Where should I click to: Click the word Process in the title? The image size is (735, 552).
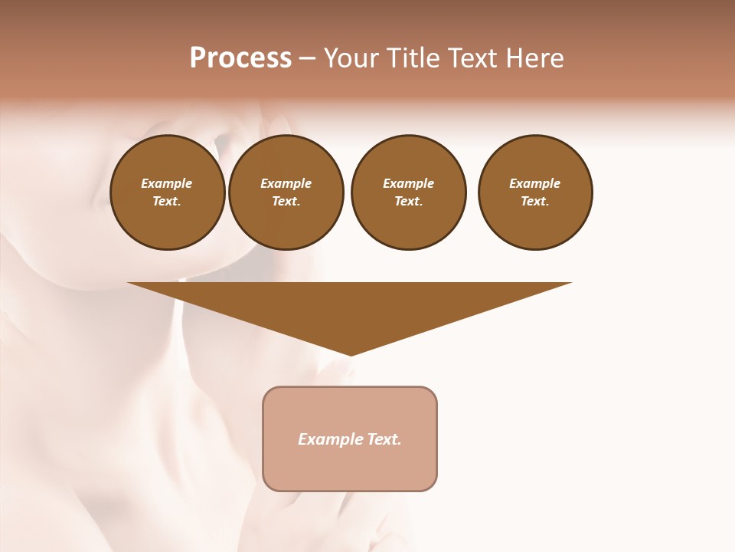(x=240, y=58)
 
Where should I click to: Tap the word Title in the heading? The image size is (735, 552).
(x=410, y=58)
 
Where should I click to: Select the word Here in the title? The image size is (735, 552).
(x=535, y=58)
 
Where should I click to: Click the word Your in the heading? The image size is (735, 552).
(x=351, y=59)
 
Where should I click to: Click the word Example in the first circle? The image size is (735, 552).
(x=167, y=183)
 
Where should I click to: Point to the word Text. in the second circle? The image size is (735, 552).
(x=286, y=201)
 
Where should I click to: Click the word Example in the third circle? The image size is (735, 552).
(x=408, y=183)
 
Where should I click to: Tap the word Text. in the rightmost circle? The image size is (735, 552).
(x=535, y=201)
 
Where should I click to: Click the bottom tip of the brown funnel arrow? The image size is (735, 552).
(x=351, y=353)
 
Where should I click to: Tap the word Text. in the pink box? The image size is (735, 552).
(x=385, y=439)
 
